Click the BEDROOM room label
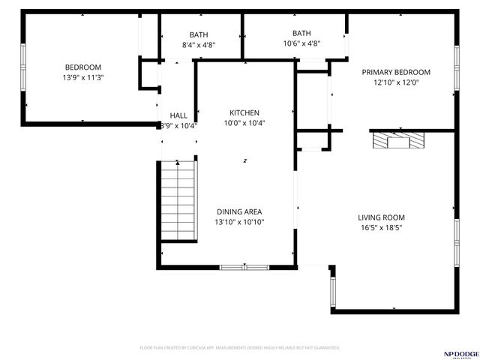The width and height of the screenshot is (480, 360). [82, 67]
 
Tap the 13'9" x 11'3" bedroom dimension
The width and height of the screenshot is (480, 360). [82, 76]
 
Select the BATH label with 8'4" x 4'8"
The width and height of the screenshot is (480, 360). [199, 34]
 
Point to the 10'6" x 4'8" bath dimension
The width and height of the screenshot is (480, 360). [301, 43]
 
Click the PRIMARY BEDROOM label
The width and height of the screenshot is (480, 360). [396, 72]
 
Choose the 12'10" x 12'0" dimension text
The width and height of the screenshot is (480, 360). [396, 82]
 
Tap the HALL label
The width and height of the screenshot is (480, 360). [178, 115]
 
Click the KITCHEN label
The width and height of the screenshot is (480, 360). [244, 112]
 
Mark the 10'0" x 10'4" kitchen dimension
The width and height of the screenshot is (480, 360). [244, 122]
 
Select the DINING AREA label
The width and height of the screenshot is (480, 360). [240, 211]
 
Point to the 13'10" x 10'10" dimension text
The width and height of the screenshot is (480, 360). [240, 221]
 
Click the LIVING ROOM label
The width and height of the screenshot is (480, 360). [381, 217]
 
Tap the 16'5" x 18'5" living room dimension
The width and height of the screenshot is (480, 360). [381, 227]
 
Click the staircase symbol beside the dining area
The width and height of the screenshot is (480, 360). [178, 202]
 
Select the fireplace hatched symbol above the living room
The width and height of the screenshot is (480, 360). [398, 140]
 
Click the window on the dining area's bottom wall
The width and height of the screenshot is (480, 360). [244, 266]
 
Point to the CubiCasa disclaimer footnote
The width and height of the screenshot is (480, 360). [240, 348]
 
